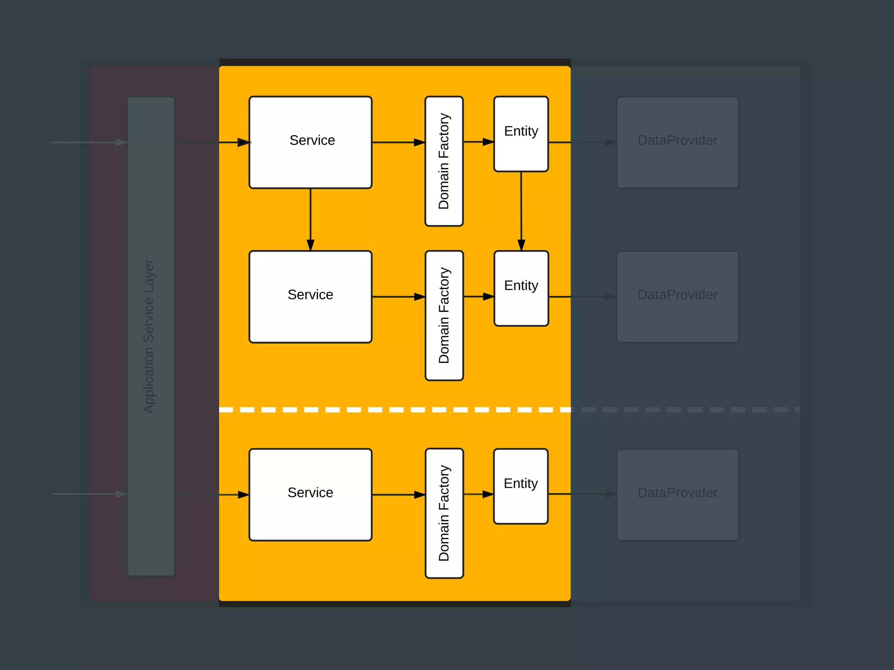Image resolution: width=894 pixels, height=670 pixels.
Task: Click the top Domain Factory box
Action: [x=444, y=161]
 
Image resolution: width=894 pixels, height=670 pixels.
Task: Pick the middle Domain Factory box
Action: [x=444, y=315]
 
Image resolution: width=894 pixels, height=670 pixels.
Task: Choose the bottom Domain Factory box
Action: [x=444, y=513]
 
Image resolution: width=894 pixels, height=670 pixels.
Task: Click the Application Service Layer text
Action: [x=149, y=336]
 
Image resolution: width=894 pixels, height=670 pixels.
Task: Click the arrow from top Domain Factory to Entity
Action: [x=478, y=142]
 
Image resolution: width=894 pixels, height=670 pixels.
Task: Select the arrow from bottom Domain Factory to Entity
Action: [x=478, y=494]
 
